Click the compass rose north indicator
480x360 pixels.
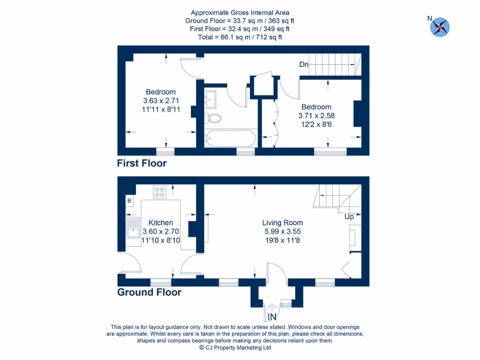click(x=440, y=26)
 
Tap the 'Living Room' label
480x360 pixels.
click(x=282, y=223)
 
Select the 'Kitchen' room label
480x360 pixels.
click(x=161, y=223)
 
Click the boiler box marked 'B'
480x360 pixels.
click(x=129, y=201)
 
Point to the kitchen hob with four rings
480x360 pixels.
click(x=159, y=191)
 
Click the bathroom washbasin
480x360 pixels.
click(x=210, y=99)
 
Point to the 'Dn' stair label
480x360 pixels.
click(x=304, y=65)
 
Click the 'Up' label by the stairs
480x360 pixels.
click(x=349, y=217)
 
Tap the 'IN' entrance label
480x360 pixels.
click(x=272, y=317)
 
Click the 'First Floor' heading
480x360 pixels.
click(x=142, y=164)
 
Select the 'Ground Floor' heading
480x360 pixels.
click(x=149, y=292)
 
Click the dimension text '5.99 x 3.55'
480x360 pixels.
click(x=282, y=231)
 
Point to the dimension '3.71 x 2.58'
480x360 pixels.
click(x=316, y=115)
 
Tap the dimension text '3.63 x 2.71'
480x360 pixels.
click(x=161, y=100)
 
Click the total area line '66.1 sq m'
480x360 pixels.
click(x=240, y=37)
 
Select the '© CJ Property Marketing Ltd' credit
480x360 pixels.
click(x=235, y=348)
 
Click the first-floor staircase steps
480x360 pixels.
click(x=335, y=64)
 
